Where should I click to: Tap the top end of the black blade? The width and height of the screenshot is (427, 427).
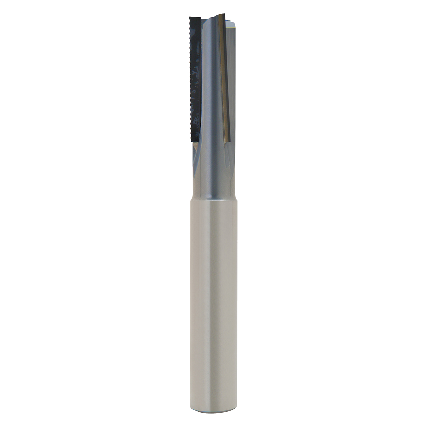coord(195,19)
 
